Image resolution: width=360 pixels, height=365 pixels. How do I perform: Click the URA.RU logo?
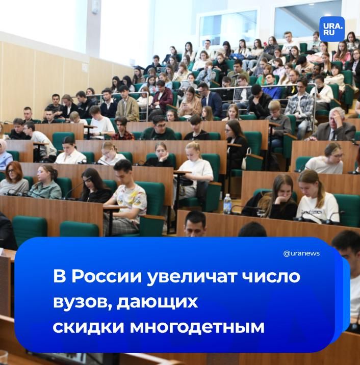tap(332, 29)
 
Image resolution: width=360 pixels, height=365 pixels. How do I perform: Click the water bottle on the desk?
tap(227, 203)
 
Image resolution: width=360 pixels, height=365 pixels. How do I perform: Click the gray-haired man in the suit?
tap(334, 127)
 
